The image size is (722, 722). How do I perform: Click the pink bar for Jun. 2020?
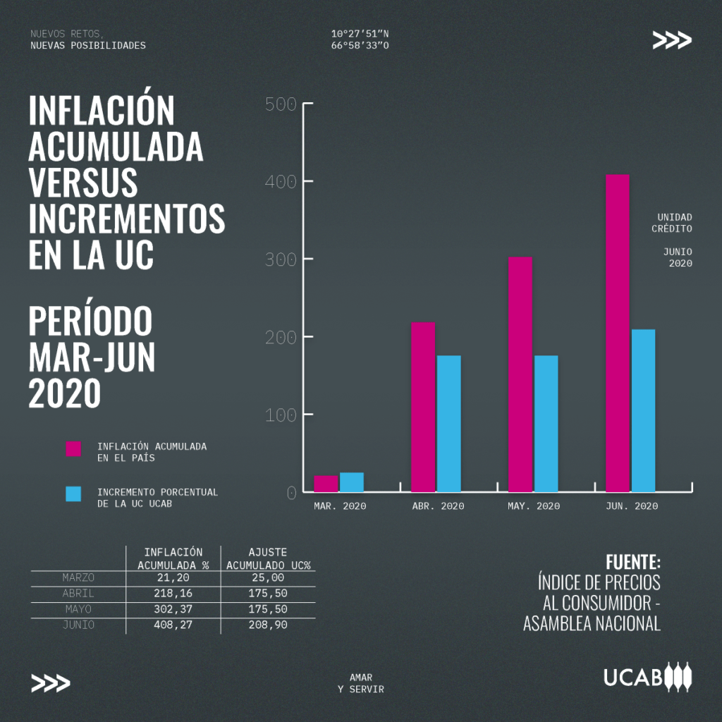click(x=618, y=333)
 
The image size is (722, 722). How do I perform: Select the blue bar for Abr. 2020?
click(x=448, y=423)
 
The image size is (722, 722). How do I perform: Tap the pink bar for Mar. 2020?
click(x=326, y=483)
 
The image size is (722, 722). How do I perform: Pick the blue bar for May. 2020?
click(x=546, y=423)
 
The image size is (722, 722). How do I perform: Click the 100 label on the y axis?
click(x=281, y=415)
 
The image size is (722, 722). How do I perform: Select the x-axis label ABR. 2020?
click(x=438, y=506)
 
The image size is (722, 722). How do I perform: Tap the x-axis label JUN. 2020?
click(x=632, y=506)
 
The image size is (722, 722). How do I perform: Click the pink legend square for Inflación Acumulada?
click(x=73, y=448)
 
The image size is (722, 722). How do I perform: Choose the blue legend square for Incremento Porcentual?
click(x=73, y=494)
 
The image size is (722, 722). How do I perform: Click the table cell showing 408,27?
click(x=173, y=625)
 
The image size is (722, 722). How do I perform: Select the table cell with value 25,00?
click(x=269, y=578)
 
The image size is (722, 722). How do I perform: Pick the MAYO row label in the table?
click(x=78, y=609)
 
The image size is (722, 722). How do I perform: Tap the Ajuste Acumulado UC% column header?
click(x=269, y=558)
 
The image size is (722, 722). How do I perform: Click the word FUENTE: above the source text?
click(x=633, y=563)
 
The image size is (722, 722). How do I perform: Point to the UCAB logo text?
click(x=632, y=678)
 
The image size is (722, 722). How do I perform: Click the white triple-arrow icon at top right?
click(x=671, y=40)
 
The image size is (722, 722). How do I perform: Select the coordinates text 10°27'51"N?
click(x=360, y=34)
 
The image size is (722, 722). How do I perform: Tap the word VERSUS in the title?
click(x=83, y=183)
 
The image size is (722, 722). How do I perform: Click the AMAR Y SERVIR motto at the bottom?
click(x=360, y=683)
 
